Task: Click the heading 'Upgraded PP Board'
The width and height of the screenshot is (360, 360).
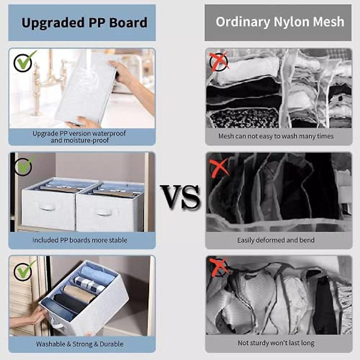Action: pos(84,23)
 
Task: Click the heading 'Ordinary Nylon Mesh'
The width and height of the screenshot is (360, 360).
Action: pos(280,22)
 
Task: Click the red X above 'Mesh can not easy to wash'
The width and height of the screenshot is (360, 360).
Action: pos(219,61)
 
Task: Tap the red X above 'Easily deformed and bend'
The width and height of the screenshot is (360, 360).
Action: pos(219,167)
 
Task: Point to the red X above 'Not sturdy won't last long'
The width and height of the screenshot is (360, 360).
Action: pos(219,267)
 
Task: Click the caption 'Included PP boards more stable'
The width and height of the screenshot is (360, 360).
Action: pos(80,240)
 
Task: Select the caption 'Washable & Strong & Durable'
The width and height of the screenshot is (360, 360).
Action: pos(80,344)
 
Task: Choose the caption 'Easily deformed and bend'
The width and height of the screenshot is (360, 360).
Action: pos(276,240)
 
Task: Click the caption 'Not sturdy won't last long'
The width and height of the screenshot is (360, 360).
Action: pos(276,343)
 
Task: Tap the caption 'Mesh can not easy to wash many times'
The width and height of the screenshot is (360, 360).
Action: pos(276,136)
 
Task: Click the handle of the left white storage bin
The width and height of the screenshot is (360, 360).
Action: pos(48,207)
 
